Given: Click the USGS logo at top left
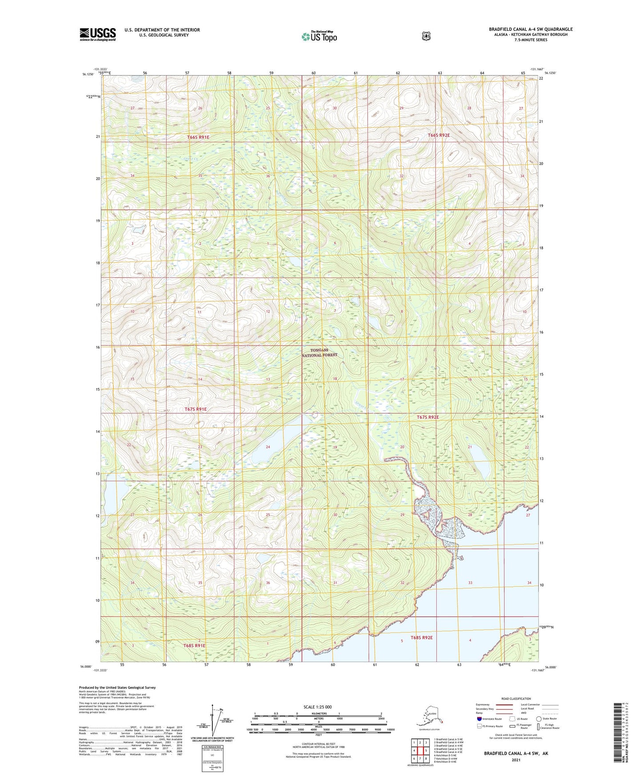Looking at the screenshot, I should (97, 34).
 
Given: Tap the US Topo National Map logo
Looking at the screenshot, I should (319, 36).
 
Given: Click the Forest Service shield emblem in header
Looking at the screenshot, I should (426, 36).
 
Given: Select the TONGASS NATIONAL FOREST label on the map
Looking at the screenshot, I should (319, 352).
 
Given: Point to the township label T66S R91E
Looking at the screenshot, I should (198, 137).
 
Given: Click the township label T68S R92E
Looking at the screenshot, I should (421, 637).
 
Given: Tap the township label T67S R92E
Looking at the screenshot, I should (427, 417).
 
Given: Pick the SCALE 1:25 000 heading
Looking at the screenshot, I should (317, 707).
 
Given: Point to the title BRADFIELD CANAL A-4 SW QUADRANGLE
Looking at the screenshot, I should (530, 29).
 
